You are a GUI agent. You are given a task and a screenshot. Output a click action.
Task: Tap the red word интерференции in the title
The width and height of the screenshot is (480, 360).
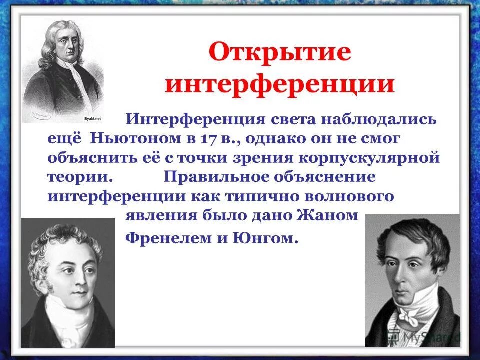[280, 85]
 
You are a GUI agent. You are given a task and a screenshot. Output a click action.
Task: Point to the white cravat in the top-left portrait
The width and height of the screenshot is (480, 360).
[74, 80]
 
